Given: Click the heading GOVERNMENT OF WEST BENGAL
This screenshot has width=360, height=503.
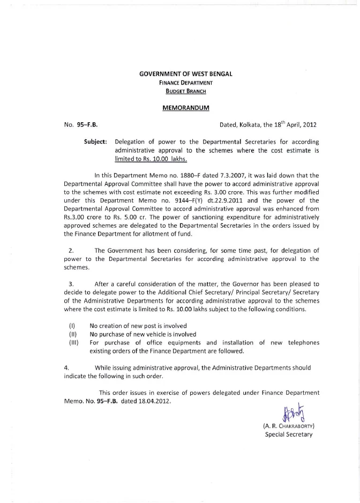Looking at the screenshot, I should tap(186, 73).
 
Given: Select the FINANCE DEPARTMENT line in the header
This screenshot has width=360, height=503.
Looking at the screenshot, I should tap(186, 82).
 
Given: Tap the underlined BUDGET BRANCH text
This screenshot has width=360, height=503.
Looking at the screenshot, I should tap(186, 91).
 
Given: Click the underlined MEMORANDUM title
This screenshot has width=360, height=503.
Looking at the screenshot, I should tap(186, 108).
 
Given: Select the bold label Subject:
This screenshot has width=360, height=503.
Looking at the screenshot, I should tap(96, 142).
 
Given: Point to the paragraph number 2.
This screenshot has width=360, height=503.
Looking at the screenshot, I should tap(71, 250).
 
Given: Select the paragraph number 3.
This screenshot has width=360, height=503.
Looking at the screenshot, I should tap(71, 284).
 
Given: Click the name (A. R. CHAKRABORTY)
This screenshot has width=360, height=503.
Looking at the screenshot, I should tap(288, 426).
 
